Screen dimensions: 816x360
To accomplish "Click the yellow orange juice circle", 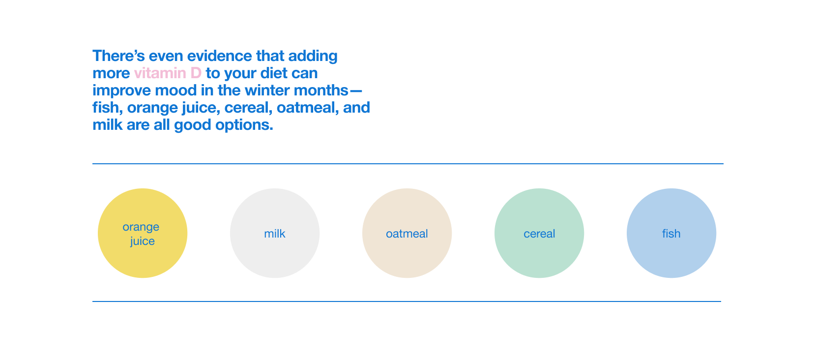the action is pyautogui.click(x=143, y=233).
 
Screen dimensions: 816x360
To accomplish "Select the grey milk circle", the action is pyautogui.click(x=275, y=233).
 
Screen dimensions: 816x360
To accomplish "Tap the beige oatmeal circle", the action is pyautogui.click(x=407, y=233).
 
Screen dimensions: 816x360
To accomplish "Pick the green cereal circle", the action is pyautogui.click(x=539, y=233).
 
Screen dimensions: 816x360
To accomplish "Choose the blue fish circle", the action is pyautogui.click(x=671, y=233).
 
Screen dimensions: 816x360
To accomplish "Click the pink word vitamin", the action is pyautogui.click(x=160, y=73).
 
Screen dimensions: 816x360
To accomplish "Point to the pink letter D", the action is pyautogui.click(x=196, y=73).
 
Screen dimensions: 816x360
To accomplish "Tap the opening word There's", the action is pyautogui.click(x=119, y=56).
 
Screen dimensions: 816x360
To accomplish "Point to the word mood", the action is pyautogui.click(x=175, y=90).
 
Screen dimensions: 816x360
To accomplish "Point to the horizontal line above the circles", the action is pyautogui.click(x=408, y=164).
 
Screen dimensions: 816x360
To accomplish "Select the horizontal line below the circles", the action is pyautogui.click(x=407, y=301).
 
